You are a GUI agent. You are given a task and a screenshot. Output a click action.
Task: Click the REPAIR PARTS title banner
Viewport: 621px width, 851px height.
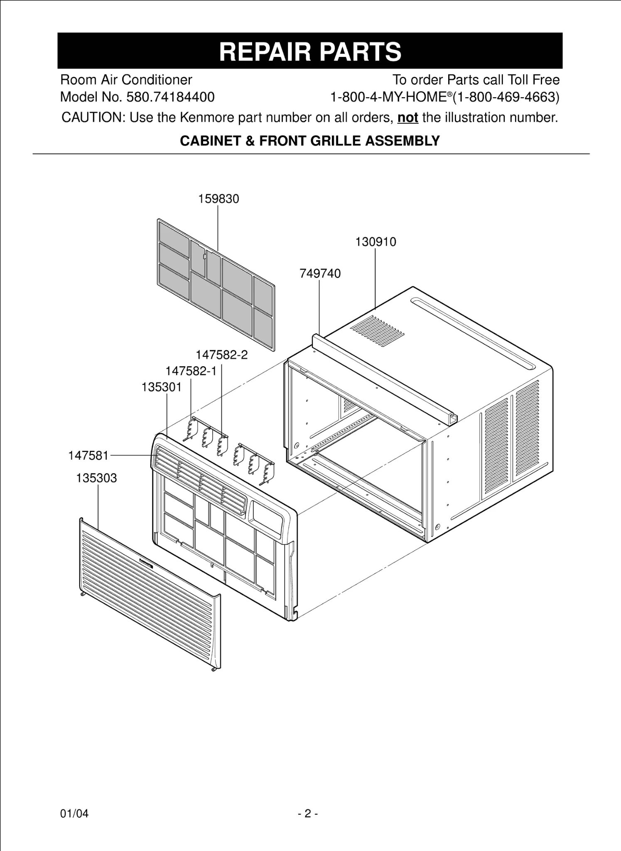310,51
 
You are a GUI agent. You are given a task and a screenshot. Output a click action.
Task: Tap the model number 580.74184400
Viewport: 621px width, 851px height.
170,97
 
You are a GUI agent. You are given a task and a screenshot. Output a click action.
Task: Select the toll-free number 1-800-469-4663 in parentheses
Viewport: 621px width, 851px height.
506,97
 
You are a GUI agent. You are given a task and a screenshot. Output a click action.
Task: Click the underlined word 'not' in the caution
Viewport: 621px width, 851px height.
407,118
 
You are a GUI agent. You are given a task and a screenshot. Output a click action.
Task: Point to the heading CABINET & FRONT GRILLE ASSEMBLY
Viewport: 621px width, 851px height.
309,141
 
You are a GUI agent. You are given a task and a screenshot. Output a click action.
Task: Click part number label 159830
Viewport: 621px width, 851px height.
218,199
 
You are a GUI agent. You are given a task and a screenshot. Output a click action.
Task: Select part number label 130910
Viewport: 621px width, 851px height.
376,242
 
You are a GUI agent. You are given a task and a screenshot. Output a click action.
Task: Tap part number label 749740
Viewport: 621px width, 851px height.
320,273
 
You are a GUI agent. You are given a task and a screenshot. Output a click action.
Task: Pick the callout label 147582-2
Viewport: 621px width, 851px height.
221,355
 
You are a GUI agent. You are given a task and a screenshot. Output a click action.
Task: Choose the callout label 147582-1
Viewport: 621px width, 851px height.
191,371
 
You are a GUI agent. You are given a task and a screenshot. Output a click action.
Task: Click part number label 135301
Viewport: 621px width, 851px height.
162,387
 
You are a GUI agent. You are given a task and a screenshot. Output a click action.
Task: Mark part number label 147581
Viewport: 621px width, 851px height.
88,456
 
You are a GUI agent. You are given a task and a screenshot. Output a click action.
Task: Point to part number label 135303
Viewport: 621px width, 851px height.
96,478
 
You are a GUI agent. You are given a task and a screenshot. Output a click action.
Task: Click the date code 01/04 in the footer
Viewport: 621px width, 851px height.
74,814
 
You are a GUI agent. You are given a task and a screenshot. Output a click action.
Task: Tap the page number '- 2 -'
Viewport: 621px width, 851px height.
308,814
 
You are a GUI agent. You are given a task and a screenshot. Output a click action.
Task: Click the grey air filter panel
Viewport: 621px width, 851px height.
216,285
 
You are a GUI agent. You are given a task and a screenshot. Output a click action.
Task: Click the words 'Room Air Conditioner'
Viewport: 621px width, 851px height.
126,80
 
